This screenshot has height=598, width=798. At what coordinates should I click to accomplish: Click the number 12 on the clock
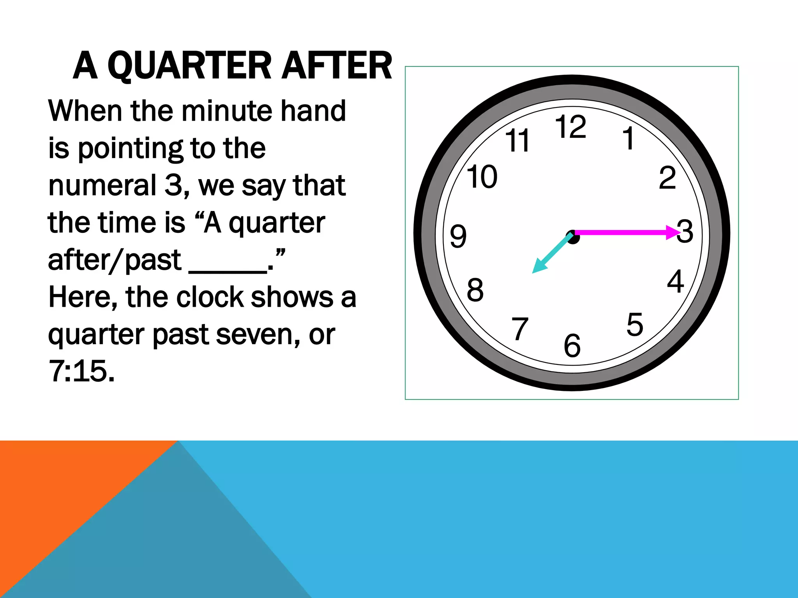570,127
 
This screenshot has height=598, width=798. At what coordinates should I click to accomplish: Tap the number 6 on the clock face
572,345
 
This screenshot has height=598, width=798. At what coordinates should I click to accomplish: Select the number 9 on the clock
458,236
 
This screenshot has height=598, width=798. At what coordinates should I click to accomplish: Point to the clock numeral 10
482,177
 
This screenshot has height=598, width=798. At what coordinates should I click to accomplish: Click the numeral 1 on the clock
629,138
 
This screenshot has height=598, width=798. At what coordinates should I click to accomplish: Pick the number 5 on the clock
635,324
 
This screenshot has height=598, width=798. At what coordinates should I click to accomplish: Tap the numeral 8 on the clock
475,290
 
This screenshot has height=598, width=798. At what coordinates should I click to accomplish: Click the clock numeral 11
517,141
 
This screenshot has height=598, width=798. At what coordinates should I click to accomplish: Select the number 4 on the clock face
675,281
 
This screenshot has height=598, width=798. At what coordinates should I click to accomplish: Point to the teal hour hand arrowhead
539,267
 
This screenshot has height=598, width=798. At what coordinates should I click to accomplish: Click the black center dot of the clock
573,237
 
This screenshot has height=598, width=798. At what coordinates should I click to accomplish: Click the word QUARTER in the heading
189,66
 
